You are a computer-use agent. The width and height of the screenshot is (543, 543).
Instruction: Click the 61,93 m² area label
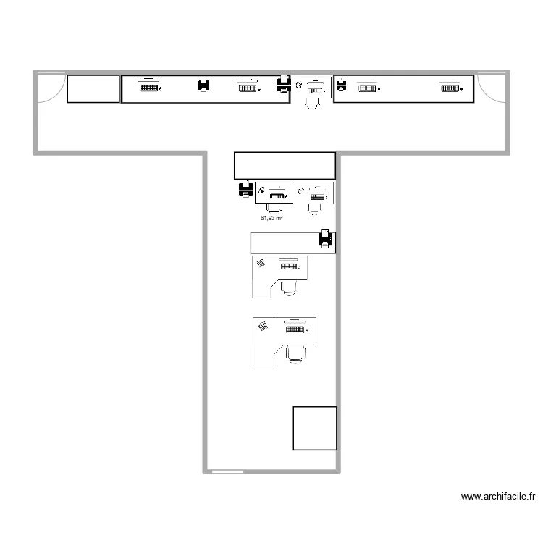[271, 218]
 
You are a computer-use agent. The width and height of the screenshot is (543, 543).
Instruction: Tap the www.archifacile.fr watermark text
[498, 497]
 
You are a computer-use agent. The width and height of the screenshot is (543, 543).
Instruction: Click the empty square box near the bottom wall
[315, 429]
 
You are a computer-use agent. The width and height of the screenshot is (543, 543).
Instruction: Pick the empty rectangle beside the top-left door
[93, 89]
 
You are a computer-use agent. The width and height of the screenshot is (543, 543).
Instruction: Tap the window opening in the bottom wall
[227, 471]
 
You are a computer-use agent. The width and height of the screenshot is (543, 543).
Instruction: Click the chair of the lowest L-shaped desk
[295, 355]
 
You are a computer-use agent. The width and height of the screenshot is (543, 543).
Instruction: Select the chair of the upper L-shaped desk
[289, 288]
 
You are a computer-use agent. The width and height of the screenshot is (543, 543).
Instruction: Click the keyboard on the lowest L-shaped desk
[295, 329]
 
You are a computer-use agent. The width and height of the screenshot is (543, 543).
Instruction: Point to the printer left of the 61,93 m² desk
[246, 190]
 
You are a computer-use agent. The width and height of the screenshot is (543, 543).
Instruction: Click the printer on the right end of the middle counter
[325, 238]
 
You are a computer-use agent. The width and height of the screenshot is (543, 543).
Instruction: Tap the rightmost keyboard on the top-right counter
[450, 88]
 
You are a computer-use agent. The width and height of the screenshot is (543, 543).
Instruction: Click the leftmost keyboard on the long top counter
[149, 88]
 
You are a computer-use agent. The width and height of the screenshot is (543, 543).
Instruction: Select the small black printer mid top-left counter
[204, 85]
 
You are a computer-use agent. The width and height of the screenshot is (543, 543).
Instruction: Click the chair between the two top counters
[312, 103]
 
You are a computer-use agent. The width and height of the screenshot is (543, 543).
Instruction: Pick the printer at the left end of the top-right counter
[342, 85]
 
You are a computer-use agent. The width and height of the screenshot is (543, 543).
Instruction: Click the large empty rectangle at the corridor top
[285, 166]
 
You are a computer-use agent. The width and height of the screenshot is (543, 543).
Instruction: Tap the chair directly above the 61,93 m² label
[274, 208]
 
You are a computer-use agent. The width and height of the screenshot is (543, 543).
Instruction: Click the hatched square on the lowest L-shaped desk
[263, 327]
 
